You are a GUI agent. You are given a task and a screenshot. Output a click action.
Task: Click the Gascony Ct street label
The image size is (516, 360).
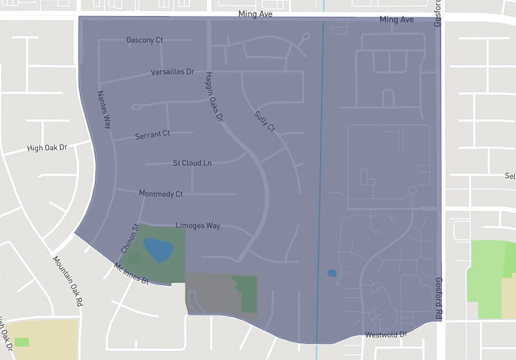click(x=144, y=40)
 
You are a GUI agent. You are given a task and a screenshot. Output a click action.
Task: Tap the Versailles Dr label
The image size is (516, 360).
click(x=172, y=72)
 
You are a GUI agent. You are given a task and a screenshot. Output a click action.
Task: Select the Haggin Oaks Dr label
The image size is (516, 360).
click(x=213, y=97)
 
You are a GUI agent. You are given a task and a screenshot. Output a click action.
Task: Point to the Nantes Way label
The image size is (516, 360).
click(x=104, y=109)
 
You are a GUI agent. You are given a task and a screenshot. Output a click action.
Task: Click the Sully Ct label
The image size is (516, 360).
click(x=264, y=121)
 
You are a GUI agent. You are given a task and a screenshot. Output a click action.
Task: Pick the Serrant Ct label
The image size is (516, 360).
click(x=152, y=135)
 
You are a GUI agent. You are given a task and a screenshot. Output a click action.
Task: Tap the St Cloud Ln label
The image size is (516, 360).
click(x=192, y=163)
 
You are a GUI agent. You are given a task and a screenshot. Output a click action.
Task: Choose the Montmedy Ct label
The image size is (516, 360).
click(x=161, y=194)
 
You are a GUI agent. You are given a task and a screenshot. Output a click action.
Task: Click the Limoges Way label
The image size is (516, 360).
click(x=198, y=226)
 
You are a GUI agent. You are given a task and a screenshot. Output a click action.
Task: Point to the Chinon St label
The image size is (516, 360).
click(x=130, y=238)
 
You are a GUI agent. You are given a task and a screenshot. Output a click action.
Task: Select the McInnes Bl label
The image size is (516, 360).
click(x=131, y=274)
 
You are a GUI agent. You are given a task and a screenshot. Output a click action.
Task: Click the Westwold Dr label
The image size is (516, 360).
click(x=385, y=335)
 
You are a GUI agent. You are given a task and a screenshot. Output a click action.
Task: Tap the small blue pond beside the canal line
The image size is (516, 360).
click(x=332, y=273)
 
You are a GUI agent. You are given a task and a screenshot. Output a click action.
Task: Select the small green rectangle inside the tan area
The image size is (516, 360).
click(x=22, y=341)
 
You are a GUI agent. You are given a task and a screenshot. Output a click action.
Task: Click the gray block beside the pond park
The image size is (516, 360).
click(x=213, y=294)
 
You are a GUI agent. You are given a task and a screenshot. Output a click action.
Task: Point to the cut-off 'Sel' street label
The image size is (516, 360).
click(x=510, y=176)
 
